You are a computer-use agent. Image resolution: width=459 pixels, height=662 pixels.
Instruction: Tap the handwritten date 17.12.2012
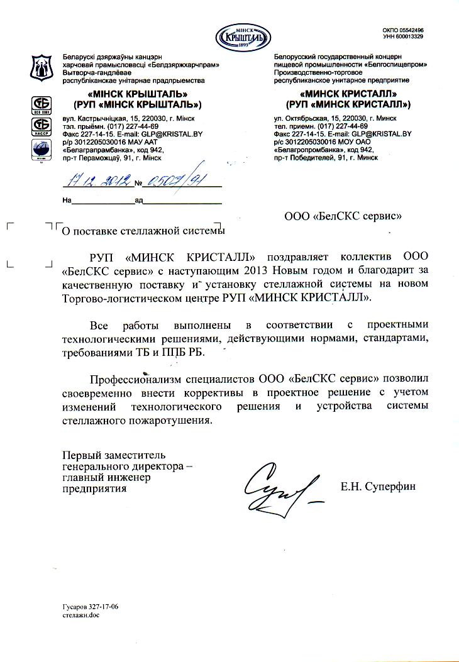98,182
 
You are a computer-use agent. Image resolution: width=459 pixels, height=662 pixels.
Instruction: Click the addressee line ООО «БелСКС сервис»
343,216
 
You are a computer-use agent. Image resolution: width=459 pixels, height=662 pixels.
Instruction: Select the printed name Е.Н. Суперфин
378,486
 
